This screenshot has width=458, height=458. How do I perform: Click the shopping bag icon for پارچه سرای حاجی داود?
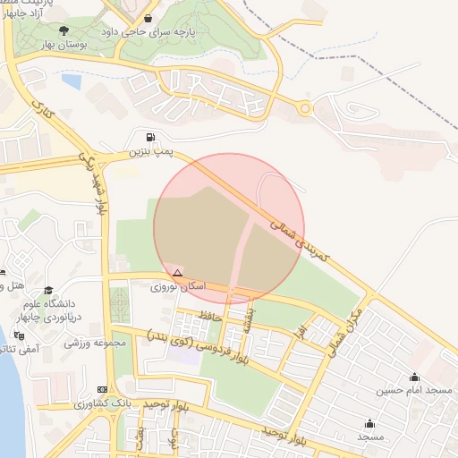click(x=148, y=18)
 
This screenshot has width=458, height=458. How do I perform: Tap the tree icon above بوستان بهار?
click(x=62, y=30)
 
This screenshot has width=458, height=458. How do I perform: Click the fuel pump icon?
click(x=148, y=138)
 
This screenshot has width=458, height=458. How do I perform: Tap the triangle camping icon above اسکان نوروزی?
click(x=178, y=273)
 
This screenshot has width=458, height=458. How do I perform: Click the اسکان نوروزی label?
click(x=178, y=286)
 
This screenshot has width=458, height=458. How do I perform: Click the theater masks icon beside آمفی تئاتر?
click(x=19, y=335)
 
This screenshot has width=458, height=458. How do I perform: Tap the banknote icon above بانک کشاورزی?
click(x=102, y=389)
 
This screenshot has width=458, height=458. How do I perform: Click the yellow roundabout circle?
click(x=307, y=110)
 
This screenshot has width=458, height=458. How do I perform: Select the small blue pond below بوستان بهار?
click(x=71, y=81)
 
